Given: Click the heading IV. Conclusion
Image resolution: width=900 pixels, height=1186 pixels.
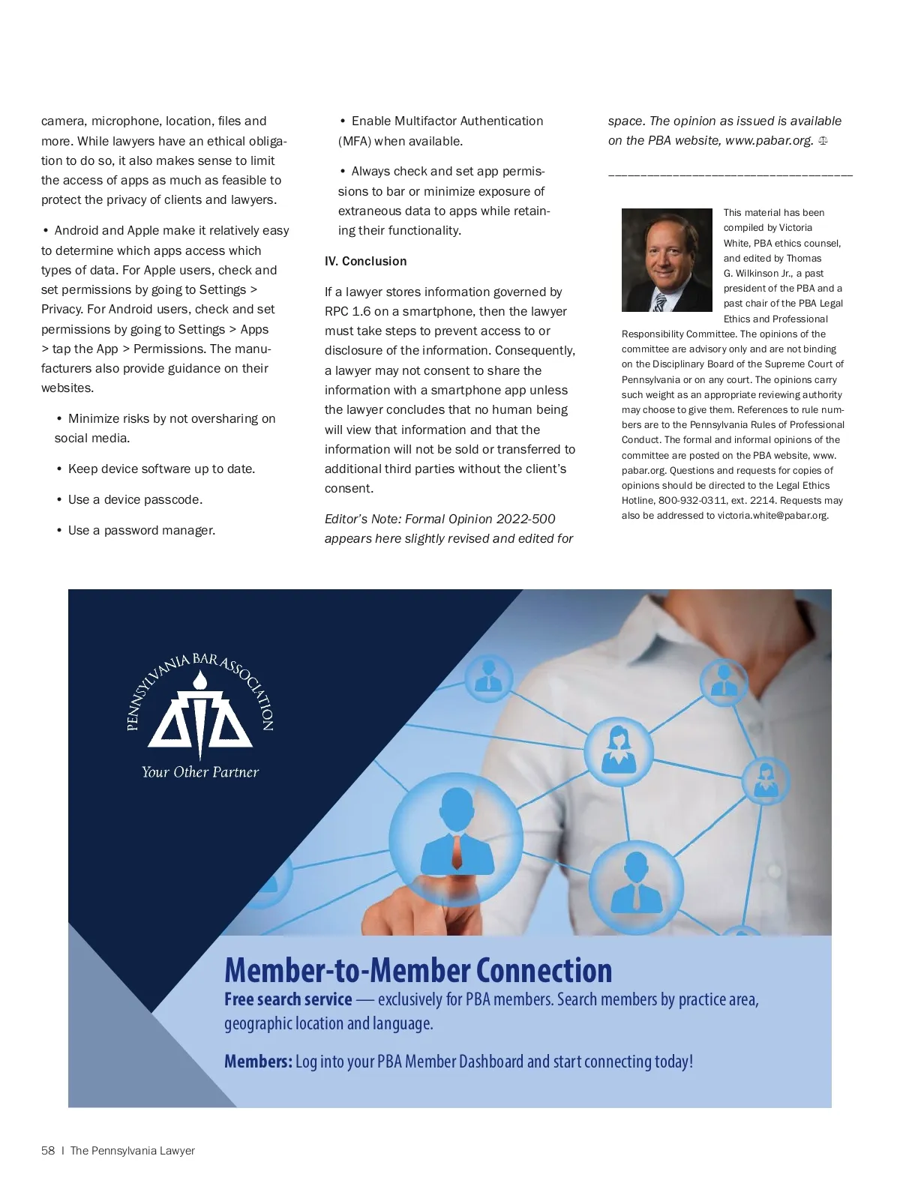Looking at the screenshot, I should [365, 261].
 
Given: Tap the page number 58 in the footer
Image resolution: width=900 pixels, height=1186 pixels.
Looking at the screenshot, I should [48, 1151].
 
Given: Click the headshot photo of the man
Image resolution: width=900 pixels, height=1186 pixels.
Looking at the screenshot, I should [667, 260].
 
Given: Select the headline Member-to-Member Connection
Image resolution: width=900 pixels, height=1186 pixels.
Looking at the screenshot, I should [418, 970].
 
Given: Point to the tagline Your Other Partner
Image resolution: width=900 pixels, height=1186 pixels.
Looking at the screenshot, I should [200, 772].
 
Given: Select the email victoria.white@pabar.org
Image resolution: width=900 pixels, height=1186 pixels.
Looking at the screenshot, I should [772, 516].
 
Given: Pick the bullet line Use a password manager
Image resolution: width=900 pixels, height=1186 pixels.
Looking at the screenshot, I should [141, 531].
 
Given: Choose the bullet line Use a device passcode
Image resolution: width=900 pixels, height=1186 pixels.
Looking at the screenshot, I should [135, 500].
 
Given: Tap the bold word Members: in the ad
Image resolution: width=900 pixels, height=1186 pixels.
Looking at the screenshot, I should [258, 1062].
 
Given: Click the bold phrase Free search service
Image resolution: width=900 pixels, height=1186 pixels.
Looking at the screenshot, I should [288, 999].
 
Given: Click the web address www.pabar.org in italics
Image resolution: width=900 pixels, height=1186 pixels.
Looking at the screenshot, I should [769, 141].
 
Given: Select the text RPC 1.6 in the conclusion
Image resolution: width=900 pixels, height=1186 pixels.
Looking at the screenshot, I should [351, 312].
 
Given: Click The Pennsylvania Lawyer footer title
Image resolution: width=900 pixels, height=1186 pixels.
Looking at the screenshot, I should [132, 1151].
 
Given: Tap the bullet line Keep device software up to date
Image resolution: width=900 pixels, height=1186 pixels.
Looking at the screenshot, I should [161, 469].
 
